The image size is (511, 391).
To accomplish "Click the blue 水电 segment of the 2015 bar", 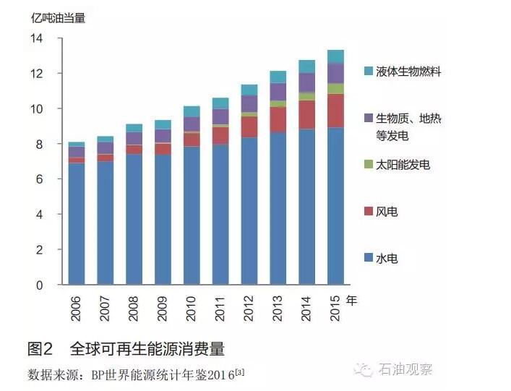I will pyautogui.click(x=335, y=206).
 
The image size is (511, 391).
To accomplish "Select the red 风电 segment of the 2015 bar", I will pyautogui.click(x=335, y=111).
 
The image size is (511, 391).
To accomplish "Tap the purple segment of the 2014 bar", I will pyautogui.click(x=306, y=82).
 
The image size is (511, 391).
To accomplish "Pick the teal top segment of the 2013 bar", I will pyautogui.click(x=278, y=77).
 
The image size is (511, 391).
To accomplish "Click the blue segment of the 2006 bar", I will pyautogui.click(x=77, y=224).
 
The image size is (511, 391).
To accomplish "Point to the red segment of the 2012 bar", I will pyautogui.click(x=249, y=126).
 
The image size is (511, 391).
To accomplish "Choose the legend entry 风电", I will pyautogui.click(x=387, y=212).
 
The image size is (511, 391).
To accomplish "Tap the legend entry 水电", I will pyautogui.click(x=387, y=259).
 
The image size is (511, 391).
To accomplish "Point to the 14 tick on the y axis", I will pyautogui.click(x=36, y=38).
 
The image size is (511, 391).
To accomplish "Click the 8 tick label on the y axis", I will pyautogui.click(x=40, y=145).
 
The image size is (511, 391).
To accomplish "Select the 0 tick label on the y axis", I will pyautogui.click(x=40, y=285).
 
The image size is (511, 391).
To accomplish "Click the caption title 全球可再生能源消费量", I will pyautogui.click(x=147, y=350).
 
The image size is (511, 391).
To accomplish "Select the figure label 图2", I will pyautogui.click(x=40, y=350).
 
